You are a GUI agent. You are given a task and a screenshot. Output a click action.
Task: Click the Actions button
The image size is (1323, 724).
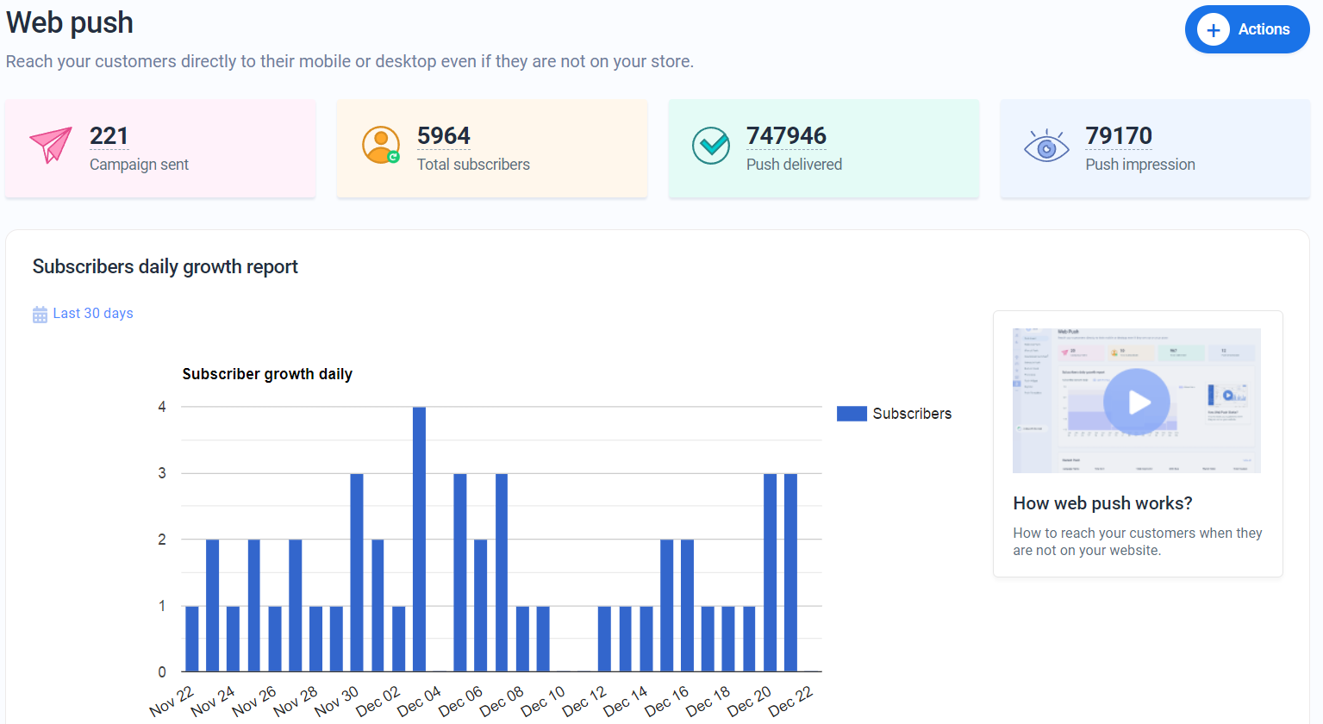tap(1246, 29)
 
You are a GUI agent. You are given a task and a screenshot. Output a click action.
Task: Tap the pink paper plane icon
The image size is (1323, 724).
tap(51, 145)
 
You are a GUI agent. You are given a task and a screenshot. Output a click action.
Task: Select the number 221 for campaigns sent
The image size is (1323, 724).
tap(109, 136)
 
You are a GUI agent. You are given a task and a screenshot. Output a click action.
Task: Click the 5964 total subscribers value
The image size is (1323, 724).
tap(443, 136)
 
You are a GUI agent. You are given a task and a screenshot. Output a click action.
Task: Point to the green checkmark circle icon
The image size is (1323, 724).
tap(711, 146)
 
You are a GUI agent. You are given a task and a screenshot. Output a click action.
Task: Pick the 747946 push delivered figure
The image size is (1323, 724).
tap(785, 136)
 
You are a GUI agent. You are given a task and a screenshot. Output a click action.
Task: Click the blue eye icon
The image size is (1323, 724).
tap(1045, 147)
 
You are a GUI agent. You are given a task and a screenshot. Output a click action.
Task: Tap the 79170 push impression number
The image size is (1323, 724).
tap(1118, 136)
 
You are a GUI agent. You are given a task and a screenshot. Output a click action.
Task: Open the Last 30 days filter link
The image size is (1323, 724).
tap(93, 314)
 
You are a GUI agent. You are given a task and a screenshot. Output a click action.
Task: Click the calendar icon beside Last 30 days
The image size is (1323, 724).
tap(40, 315)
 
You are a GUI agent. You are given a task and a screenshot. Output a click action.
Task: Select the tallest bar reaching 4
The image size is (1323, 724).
tap(419, 539)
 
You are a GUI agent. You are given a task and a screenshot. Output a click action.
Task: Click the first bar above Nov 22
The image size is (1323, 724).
tap(192, 639)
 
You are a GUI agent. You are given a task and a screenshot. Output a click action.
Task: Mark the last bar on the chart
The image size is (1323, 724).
tap(790, 572)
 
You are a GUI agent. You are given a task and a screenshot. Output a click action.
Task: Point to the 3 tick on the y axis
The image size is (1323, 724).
tap(162, 473)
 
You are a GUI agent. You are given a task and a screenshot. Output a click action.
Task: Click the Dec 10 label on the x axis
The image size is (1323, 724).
tap(543, 702)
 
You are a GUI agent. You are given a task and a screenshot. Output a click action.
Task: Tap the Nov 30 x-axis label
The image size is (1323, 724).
tap(336, 702)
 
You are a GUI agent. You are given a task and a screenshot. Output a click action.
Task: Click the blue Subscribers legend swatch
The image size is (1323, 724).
tap(851, 414)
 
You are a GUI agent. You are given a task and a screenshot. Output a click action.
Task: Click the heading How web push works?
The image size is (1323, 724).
tap(1102, 503)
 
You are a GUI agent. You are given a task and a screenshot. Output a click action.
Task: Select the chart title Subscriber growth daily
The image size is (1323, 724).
tap(267, 374)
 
